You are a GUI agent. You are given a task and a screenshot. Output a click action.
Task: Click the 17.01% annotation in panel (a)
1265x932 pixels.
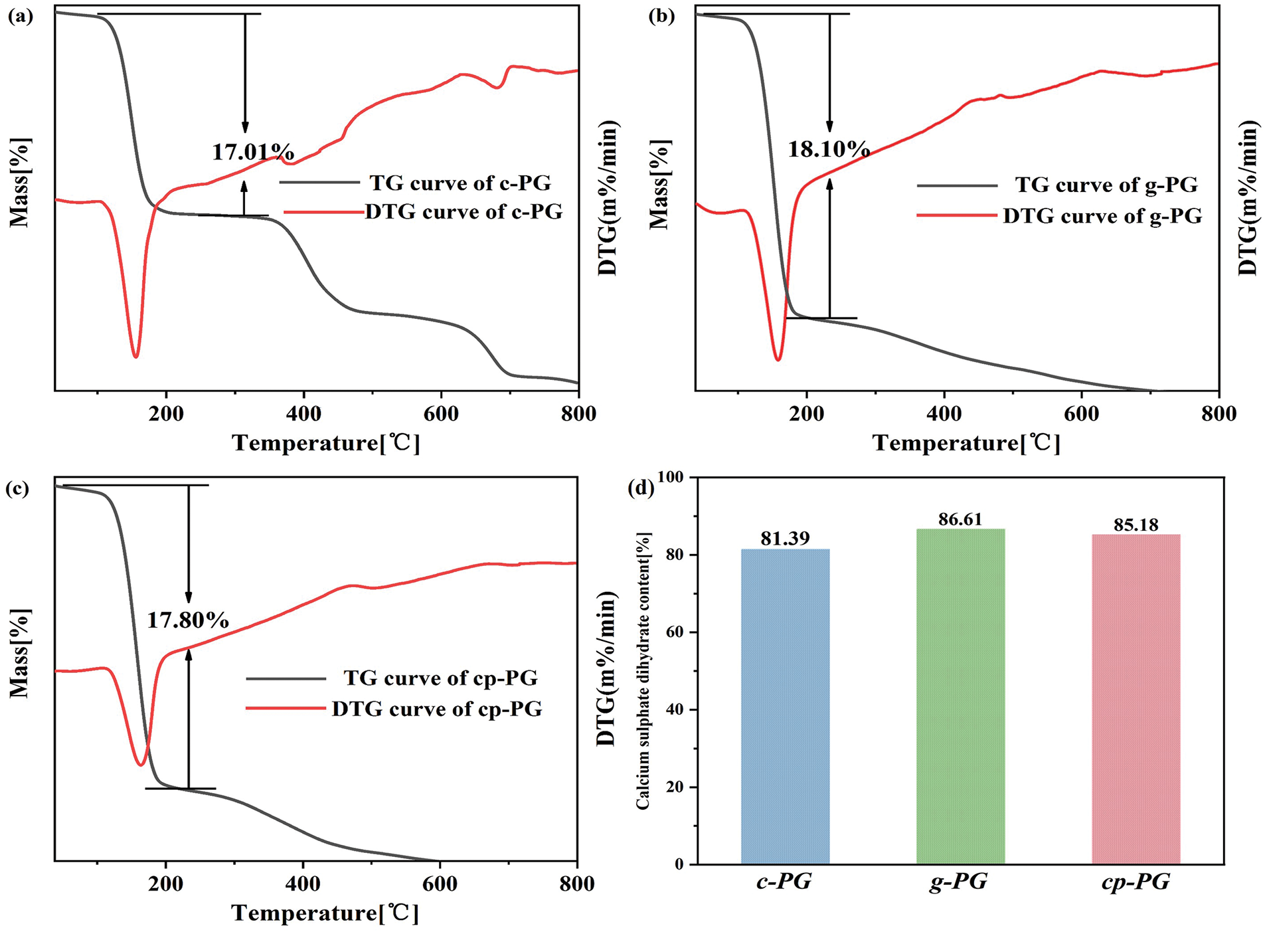point(253,152)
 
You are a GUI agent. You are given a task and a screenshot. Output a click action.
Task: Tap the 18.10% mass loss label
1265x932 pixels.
point(829,149)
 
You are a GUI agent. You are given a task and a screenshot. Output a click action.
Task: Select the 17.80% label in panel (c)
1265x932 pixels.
point(188,620)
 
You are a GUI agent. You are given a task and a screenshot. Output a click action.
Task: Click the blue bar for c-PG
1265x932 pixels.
point(785,705)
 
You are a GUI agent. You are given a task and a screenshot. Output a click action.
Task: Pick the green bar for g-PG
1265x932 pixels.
point(960,696)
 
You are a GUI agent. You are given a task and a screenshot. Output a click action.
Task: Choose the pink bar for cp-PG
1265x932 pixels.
point(1136,698)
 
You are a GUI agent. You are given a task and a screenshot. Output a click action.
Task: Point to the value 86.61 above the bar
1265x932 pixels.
point(960,519)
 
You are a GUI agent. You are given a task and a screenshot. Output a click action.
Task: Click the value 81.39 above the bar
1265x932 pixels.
point(785,539)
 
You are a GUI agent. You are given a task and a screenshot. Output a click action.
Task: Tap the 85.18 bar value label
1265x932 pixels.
point(1136,525)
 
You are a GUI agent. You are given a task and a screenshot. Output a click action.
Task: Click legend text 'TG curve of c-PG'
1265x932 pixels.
point(460,183)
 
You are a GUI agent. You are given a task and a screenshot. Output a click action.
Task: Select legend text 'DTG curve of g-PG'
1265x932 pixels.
point(1102,216)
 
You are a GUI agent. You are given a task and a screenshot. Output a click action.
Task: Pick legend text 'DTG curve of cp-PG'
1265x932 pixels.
point(437,709)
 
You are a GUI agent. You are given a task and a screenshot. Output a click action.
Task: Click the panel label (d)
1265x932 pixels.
point(641,488)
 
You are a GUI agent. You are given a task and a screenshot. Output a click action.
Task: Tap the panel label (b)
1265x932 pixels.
point(661,17)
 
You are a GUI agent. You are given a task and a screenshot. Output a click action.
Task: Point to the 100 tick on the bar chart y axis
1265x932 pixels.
point(671,478)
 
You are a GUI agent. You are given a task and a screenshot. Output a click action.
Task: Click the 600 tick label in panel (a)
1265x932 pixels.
point(441,414)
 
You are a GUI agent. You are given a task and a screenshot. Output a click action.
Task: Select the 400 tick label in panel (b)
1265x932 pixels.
point(944,414)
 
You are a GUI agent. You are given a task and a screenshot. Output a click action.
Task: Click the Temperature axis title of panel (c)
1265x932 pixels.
point(325,913)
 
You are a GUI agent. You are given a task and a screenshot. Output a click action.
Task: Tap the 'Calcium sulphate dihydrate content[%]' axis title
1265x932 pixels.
point(642,670)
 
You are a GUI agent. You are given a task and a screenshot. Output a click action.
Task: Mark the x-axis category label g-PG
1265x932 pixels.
point(958,882)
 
